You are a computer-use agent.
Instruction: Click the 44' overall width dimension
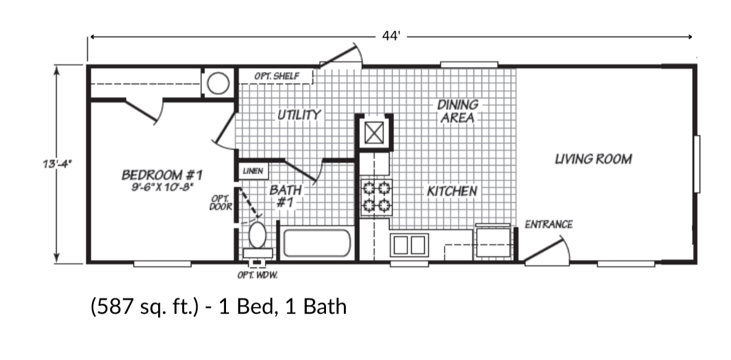pos(391,36)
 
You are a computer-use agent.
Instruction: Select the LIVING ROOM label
pos(593,159)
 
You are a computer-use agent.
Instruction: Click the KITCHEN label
pos(452,191)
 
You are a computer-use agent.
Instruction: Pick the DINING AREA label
pos(457,111)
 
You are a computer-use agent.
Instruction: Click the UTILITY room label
pos(299,114)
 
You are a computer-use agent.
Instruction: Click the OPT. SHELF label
pos(277,77)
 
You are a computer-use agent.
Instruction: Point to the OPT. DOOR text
pos(221,203)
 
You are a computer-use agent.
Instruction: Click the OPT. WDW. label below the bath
pos(257,275)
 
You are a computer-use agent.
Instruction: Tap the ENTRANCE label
pos(548,224)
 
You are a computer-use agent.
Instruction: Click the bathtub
pos(317,245)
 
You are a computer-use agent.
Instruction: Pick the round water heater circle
pos(217,84)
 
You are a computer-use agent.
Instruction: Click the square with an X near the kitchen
pos(374,133)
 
